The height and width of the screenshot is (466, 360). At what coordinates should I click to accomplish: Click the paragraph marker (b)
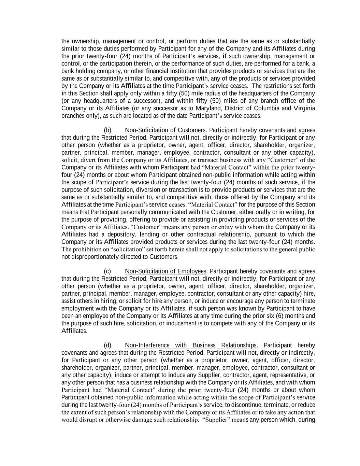coord(107,130)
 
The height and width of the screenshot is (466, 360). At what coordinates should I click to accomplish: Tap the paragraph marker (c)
coord(107,271)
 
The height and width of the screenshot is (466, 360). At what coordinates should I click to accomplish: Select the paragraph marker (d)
coord(107,345)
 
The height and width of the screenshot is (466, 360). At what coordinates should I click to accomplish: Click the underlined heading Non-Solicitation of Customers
coord(165,130)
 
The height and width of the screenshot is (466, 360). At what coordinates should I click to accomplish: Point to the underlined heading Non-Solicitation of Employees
coord(165,271)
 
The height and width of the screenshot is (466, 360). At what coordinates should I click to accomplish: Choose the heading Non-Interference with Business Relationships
coord(191,345)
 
